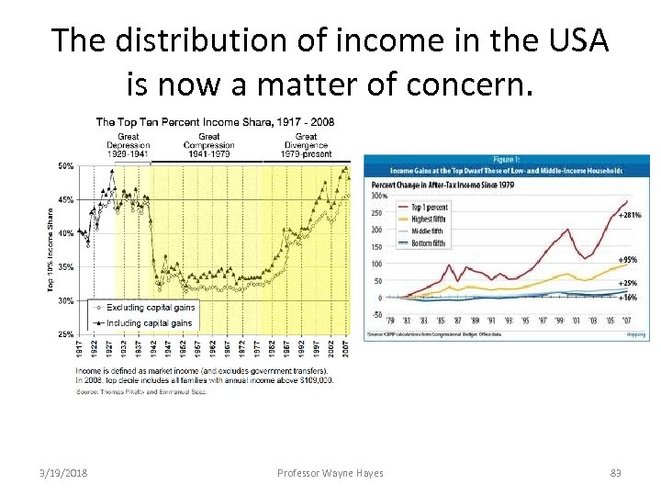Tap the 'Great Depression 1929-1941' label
tap(128, 146)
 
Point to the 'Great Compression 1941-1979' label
tap(208, 146)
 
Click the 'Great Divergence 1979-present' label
tap(306, 146)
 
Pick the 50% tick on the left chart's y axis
tap(66, 166)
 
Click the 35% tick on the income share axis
tap(66, 267)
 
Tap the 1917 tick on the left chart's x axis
tap(80, 350)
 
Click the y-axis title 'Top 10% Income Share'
tap(51, 250)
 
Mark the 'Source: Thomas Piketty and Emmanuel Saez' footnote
tap(143, 391)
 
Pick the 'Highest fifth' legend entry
tap(428, 220)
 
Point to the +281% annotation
tap(630, 215)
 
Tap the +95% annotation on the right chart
tap(630, 260)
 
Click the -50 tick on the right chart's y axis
tap(376, 315)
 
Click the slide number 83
tap(616, 472)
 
